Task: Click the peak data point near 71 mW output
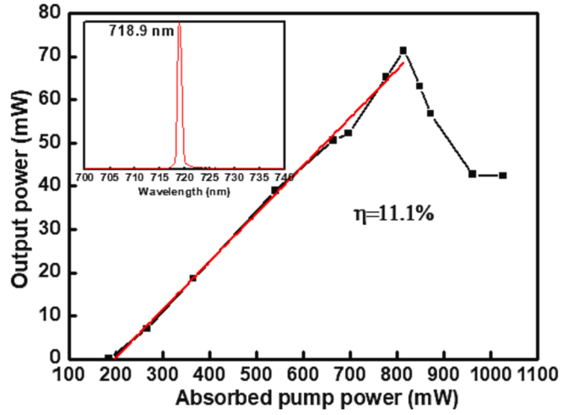click(x=403, y=51)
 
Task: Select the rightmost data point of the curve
click(x=502, y=176)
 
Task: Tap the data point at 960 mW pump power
click(x=472, y=174)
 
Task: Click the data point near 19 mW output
click(x=192, y=278)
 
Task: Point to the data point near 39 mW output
click(x=274, y=190)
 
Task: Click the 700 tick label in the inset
click(x=84, y=178)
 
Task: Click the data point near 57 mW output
click(x=430, y=113)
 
